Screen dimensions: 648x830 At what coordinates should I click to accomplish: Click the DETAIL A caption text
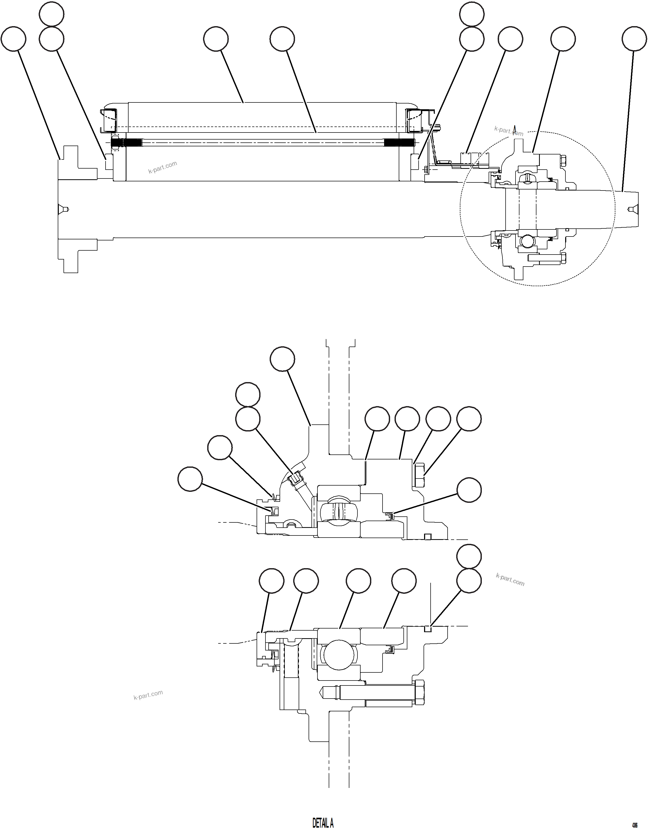click(323, 823)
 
